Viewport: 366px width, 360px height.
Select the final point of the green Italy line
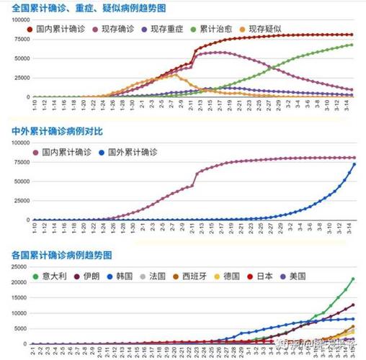pos(353,279)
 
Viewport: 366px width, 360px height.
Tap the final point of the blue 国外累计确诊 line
pos(353,164)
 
